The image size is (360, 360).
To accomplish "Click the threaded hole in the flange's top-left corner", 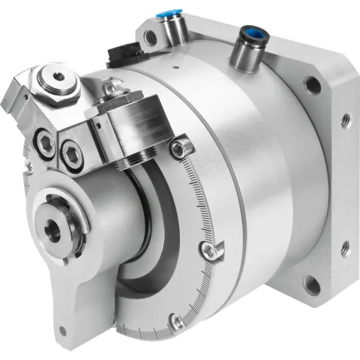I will [150, 35].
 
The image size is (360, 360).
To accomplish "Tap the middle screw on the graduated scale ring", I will [209, 253].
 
